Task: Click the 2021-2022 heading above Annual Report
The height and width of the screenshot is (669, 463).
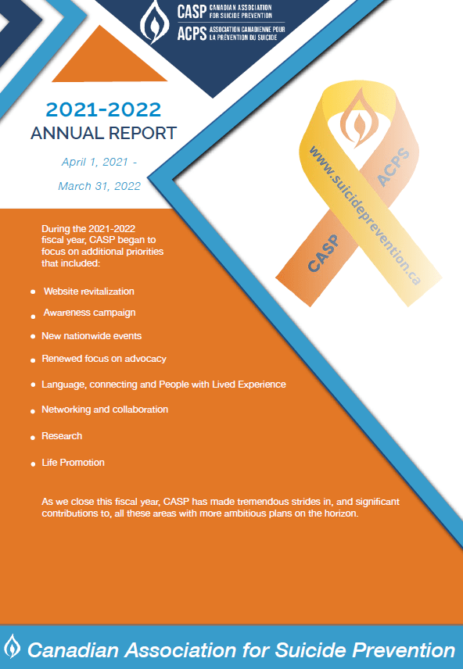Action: coord(103,108)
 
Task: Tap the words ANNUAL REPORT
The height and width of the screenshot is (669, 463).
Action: coord(103,133)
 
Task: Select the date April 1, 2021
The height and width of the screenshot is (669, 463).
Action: coord(98,163)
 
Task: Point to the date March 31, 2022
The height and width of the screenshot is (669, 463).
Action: coord(99,186)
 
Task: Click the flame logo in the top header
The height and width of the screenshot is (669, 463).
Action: coord(154,24)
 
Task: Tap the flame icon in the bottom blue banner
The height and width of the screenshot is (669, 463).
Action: coord(13,647)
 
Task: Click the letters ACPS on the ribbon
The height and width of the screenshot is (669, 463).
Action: coord(392,168)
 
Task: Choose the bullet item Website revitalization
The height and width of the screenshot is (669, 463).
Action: coord(88,292)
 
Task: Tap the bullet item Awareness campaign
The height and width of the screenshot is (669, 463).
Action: coord(89,313)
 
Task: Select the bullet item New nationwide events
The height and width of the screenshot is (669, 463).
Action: coord(92,335)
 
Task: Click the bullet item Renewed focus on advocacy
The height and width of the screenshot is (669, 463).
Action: coord(103,360)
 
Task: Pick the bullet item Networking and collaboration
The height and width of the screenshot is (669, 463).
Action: coord(105,410)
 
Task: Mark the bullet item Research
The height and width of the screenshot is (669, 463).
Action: coord(62,436)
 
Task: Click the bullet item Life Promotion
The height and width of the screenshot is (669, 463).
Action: coord(73,463)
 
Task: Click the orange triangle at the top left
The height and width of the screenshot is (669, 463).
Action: coord(109,63)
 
